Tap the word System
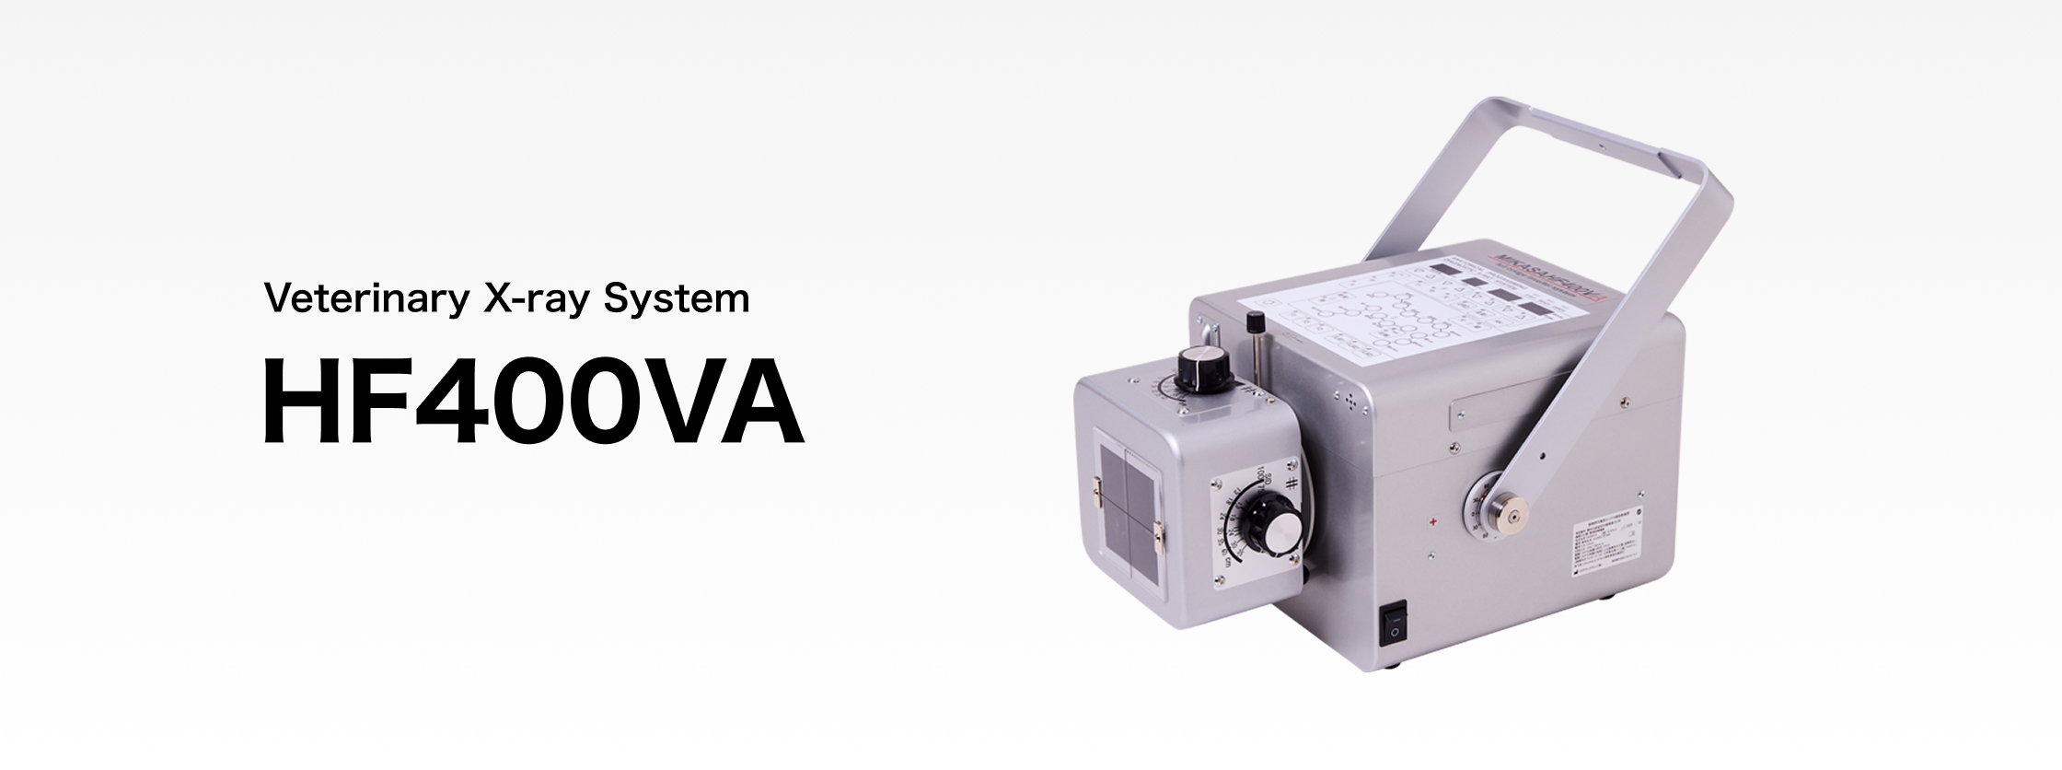676,299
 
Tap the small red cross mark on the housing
1433,522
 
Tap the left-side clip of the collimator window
1097,492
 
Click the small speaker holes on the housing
1350,402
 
